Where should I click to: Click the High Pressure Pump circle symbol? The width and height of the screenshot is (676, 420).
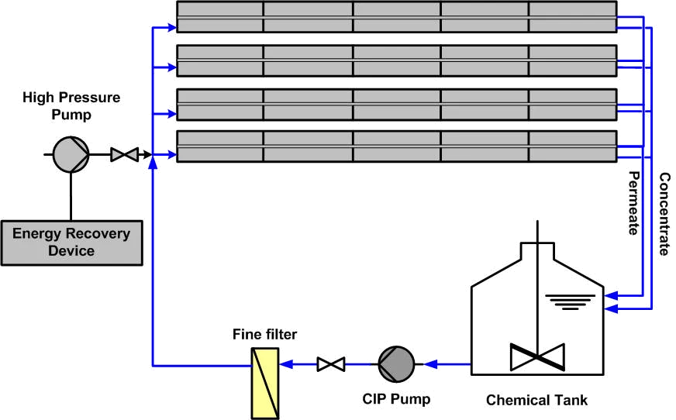pos(71,155)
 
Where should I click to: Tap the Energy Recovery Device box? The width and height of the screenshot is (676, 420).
pos(71,242)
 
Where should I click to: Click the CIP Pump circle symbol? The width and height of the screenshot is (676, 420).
pos(396,363)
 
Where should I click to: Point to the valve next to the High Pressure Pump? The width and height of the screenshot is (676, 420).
pos(123,155)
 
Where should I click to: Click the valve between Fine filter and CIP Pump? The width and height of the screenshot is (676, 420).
pos(332,363)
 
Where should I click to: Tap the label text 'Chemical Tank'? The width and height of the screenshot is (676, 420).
pos(536,401)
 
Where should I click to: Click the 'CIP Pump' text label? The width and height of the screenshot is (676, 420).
pos(396,400)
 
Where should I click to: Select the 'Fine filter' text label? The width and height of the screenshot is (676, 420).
pos(264,335)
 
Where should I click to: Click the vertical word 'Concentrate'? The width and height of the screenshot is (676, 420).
pos(664,214)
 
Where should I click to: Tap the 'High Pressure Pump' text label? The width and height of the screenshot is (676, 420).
pos(71,106)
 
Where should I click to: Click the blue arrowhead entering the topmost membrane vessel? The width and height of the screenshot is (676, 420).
pos(170,27)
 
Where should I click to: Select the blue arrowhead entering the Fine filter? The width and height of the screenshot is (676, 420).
pos(284,363)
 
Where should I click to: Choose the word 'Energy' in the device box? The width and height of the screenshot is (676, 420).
pos(36,233)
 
